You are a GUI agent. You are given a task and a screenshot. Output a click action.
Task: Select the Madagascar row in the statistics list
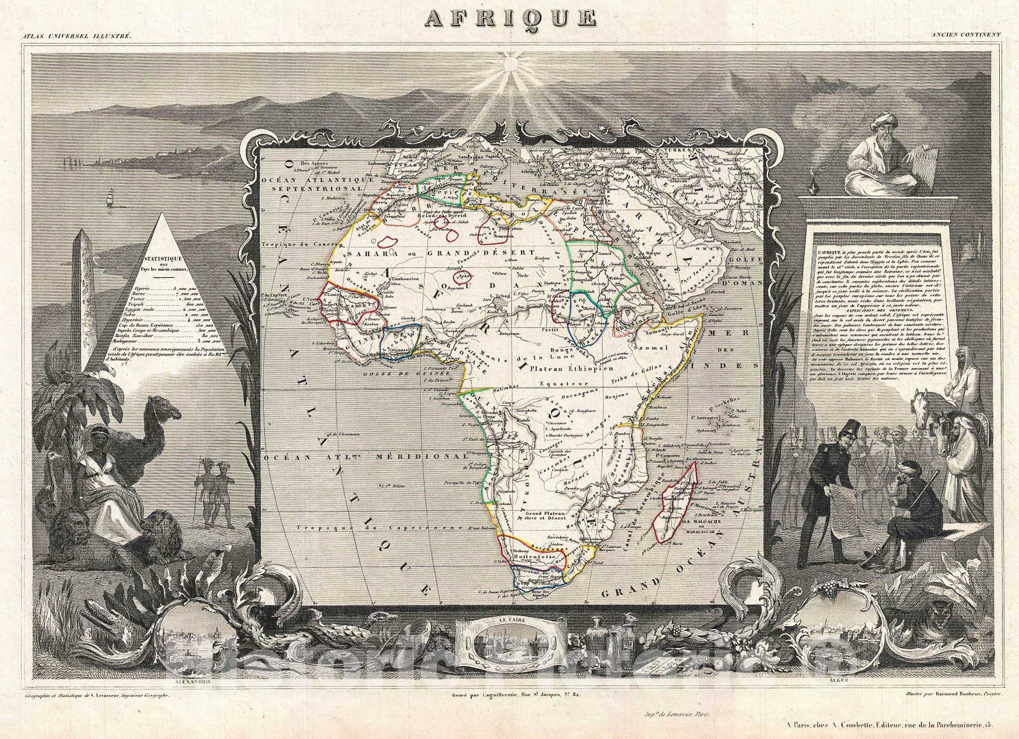[163, 341]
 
